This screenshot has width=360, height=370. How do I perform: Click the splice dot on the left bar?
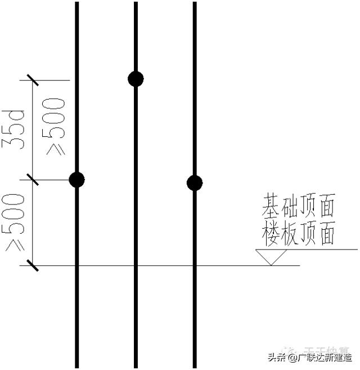tap(76, 180)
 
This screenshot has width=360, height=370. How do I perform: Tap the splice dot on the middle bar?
tap(136, 79)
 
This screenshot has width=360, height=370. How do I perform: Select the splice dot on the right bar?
tap(195, 182)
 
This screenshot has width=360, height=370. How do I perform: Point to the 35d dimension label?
tap(16, 130)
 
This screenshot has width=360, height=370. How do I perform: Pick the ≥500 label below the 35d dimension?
tap(15, 222)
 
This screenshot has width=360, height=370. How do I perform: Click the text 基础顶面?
tap(298, 207)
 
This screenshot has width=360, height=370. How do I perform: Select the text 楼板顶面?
tap(298, 233)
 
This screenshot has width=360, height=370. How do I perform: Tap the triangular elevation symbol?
tap(272, 257)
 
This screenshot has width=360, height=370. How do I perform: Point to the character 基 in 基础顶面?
tap(271, 207)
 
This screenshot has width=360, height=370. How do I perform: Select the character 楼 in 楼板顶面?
tap(271, 233)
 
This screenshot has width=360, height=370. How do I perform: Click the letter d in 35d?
tap(16, 117)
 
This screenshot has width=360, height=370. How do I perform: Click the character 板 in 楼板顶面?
tap(289, 233)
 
